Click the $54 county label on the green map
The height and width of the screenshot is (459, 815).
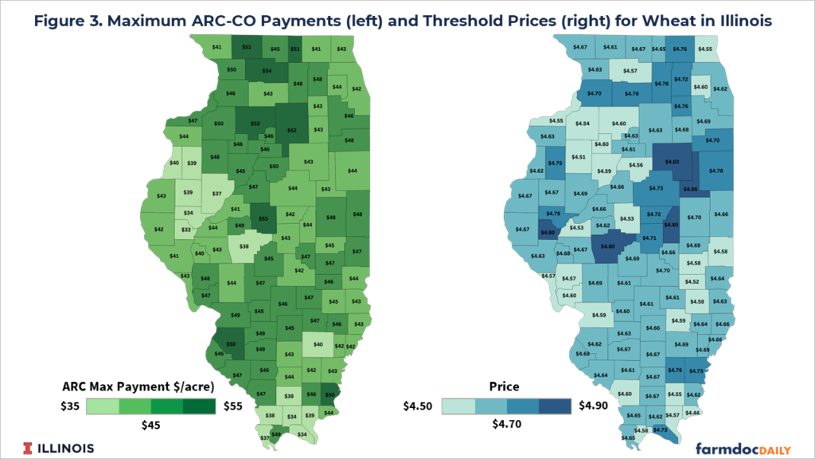pos(267,71)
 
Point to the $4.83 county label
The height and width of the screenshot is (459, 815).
pos(672,162)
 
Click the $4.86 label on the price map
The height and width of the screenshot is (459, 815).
pos(689,190)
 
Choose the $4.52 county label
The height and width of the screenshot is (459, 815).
pos(694,280)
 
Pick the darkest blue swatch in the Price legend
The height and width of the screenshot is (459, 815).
pos(554,406)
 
